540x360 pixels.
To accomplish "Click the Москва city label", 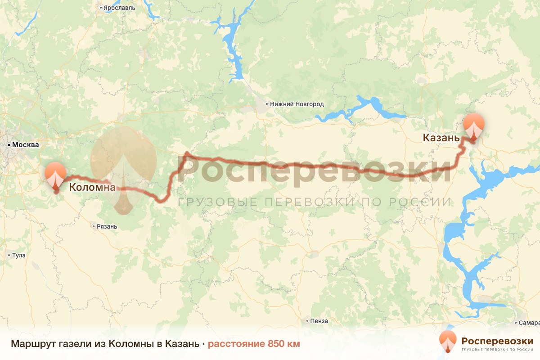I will tap(26, 145).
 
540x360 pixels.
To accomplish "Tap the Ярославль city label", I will tap(119, 8).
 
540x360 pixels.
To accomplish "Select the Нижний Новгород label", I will tap(297, 104).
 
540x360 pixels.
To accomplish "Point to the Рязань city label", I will tap(107, 226).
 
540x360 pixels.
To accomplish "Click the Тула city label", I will tap(19, 255).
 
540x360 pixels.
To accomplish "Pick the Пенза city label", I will tap(319, 321).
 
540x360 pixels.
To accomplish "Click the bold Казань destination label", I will tap(441, 138).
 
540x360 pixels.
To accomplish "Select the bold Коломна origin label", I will tap(92, 187).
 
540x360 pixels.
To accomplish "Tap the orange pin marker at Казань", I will tap(474, 126).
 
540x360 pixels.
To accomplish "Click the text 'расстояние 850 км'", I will tap(254, 344).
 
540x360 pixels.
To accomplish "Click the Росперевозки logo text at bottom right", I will tap(497, 341).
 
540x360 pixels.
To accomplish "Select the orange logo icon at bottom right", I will tap(448, 341).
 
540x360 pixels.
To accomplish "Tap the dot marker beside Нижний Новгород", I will tap(266, 104).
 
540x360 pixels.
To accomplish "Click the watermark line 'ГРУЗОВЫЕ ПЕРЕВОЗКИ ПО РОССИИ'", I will tap(315, 202).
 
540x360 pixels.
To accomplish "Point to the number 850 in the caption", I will tap(277, 344).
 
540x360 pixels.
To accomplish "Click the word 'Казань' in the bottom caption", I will tap(182, 344).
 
